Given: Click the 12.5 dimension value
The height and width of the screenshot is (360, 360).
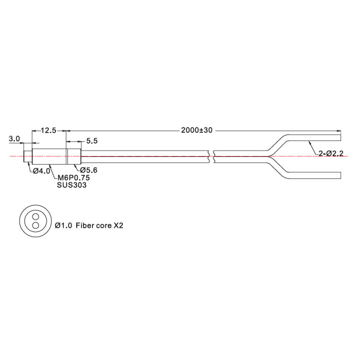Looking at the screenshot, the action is coord(48,131).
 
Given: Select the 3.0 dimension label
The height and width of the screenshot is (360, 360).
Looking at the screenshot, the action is coord(14,139).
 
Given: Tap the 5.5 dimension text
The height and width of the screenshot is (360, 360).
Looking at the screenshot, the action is coord(92,141).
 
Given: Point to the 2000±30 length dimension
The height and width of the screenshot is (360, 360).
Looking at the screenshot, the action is coord(197,130).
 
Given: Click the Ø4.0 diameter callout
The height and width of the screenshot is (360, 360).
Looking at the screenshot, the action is coord(42,171).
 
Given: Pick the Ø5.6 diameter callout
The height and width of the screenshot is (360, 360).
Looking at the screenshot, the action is coord(88,170).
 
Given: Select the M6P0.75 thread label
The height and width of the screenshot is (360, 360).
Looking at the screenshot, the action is coord(74,178).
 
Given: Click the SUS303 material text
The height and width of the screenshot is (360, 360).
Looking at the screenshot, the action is coord(71,185).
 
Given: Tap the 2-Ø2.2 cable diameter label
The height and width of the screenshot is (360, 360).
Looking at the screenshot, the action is coord(331,153).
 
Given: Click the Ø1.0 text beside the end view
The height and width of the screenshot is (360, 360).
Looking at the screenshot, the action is coord(63,225).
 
